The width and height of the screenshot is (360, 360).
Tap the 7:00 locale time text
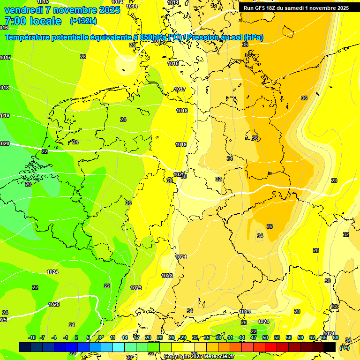coord(33,21)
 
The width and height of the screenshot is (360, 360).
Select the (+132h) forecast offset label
coord(83,21)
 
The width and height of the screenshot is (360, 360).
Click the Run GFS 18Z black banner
coord(296,8)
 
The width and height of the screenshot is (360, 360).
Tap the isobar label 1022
coord(167,276)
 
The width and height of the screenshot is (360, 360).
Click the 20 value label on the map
coord(28,184)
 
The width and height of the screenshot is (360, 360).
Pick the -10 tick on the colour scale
coord(32,337)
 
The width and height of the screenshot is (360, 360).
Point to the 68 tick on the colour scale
coord(336,337)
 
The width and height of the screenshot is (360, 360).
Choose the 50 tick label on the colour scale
coord(265,337)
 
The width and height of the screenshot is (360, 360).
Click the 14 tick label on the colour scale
coord(125,337)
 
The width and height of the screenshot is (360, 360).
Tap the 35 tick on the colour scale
coord(207,337)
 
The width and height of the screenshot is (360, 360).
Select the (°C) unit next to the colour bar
coord(345,348)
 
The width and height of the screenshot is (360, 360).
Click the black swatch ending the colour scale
coord(330,347)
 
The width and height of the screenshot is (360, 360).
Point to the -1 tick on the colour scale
coord(66,337)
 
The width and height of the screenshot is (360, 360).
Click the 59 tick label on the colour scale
coord(300,337)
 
